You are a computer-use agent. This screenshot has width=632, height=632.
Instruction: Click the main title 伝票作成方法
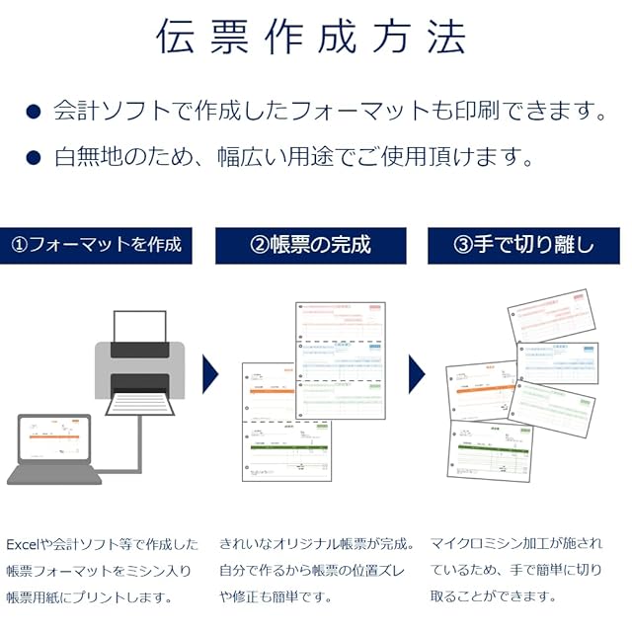click(310, 37)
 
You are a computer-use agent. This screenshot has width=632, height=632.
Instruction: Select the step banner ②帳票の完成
click(310, 245)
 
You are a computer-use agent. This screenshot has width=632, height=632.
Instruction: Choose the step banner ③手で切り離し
click(524, 245)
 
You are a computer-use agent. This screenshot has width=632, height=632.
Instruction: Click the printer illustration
click(139, 360)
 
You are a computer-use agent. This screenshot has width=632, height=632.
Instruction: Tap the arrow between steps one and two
click(210, 374)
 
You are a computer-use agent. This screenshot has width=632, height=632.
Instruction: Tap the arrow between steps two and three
click(417, 374)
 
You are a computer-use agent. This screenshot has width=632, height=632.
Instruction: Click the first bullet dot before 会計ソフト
click(34, 112)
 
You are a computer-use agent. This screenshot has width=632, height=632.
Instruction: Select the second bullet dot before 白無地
click(34, 157)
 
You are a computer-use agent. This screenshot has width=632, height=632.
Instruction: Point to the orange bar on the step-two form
click(268, 392)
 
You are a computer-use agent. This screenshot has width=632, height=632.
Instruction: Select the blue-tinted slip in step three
click(557, 361)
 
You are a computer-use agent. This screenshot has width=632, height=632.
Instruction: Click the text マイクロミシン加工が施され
click(514, 544)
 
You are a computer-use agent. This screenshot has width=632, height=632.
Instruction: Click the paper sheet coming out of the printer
click(139, 402)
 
